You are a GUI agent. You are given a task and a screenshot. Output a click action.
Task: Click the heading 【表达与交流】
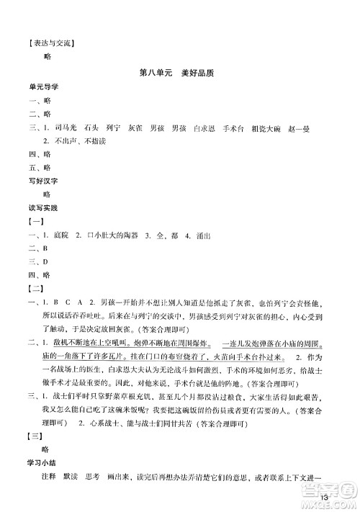[x=50, y=41]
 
